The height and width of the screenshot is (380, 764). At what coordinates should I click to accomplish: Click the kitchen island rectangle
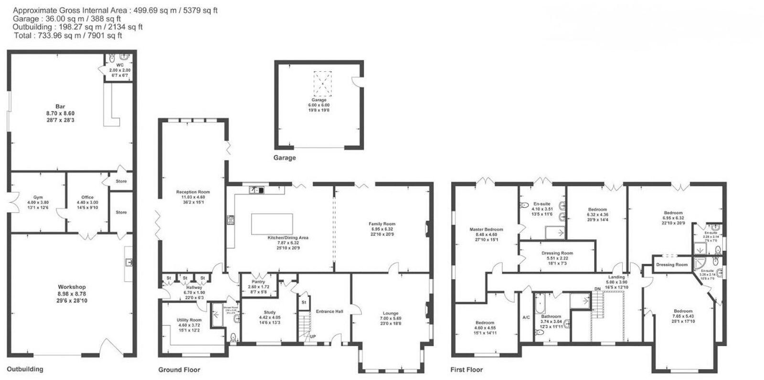point(272,224)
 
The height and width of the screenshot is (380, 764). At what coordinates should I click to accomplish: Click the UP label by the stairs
point(313,337)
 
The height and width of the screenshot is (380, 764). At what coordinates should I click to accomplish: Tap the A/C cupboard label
point(526,317)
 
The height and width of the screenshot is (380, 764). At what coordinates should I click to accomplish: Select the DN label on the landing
point(597,289)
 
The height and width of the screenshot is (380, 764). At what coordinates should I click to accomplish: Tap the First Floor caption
point(467,369)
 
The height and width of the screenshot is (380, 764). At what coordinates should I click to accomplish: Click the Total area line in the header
point(67,35)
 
